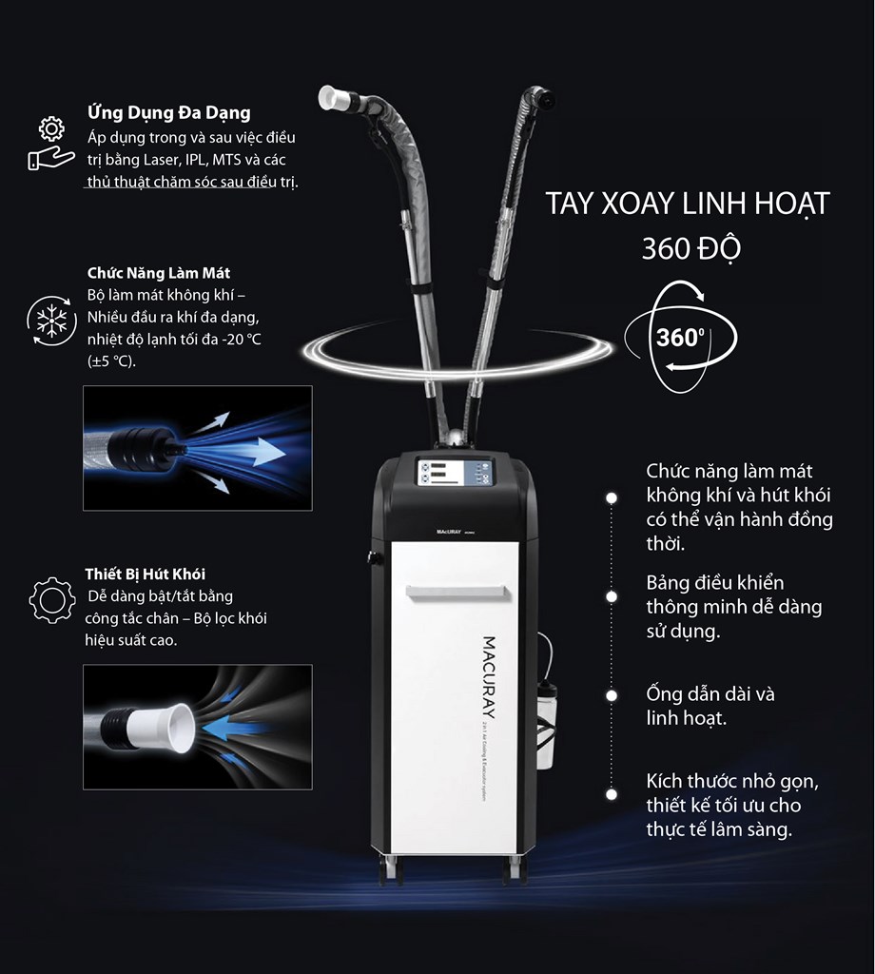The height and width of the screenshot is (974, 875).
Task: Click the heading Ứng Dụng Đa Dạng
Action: coord(169,112)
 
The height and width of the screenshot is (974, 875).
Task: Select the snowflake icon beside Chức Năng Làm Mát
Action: coord(51,321)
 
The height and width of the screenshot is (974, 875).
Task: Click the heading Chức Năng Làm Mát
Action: coord(159,273)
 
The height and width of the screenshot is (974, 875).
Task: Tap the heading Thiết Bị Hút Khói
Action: coord(146,574)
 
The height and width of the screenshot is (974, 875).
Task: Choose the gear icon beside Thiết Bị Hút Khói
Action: coord(52,600)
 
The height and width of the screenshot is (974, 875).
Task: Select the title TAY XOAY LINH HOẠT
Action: coord(688,204)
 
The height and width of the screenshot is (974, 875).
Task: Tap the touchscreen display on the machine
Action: coord(455,473)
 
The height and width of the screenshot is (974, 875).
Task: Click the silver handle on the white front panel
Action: coord(457,593)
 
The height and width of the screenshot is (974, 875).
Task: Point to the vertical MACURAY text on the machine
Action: coord(489,677)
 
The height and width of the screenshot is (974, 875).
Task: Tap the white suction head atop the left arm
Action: coord(336,98)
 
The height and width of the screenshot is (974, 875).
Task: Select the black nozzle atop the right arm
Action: coord(544,99)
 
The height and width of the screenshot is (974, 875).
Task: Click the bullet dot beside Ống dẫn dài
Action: coord(612,695)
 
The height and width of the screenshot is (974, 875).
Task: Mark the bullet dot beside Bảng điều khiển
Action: coord(612,596)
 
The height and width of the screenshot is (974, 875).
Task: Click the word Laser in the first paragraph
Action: coord(160,160)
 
